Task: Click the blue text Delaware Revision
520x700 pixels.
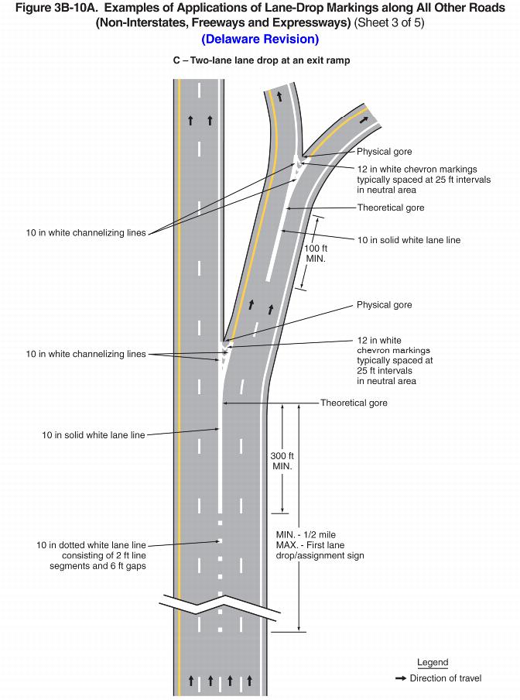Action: (x=259, y=39)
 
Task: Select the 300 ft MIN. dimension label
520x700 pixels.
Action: (x=282, y=461)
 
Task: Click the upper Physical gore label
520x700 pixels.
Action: (x=384, y=152)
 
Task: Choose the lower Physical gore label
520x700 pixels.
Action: (x=384, y=305)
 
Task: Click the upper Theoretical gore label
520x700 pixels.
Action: (x=390, y=208)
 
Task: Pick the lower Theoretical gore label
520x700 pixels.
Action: (x=354, y=403)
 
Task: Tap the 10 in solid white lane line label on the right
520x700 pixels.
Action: (x=409, y=240)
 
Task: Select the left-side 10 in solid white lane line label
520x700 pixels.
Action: (x=94, y=435)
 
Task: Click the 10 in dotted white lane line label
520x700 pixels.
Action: (x=91, y=555)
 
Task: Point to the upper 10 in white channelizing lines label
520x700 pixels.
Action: (x=86, y=233)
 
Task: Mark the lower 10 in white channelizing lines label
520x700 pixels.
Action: (x=86, y=354)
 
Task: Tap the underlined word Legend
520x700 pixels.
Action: (x=433, y=663)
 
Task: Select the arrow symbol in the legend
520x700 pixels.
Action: (x=401, y=678)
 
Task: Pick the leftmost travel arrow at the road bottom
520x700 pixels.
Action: (x=191, y=681)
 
